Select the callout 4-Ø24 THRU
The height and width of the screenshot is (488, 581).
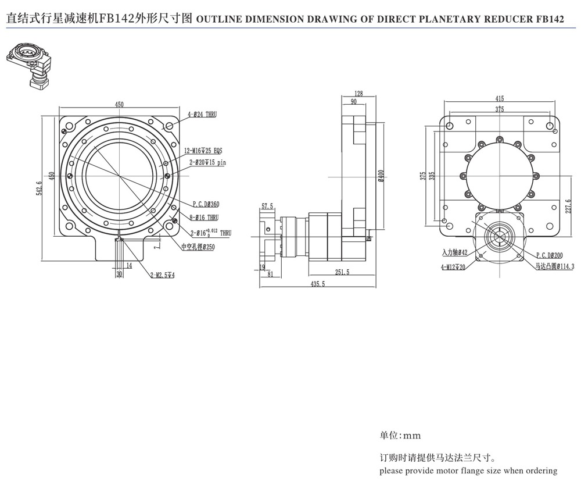pyautogui.click(x=202, y=115)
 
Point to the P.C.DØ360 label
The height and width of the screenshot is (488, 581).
pyautogui.click(x=206, y=204)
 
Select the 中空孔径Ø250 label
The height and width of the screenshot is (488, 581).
pyautogui.click(x=198, y=247)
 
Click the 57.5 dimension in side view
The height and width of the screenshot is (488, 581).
pyautogui.click(x=268, y=206)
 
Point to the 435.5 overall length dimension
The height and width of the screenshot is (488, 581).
pyautogui.click(x=317, y=284)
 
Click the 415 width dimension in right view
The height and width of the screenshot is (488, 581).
pyautogui.click(x=500, y=98)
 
